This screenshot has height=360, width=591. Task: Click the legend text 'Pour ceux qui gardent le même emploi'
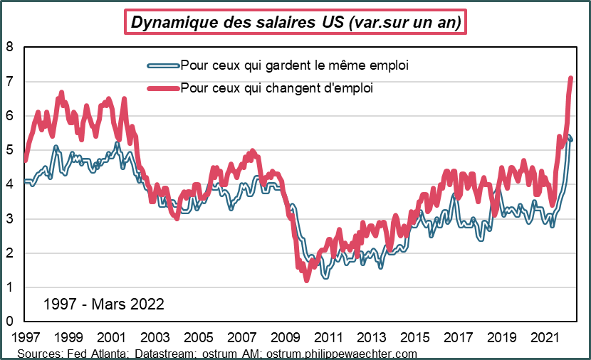click(294, 65)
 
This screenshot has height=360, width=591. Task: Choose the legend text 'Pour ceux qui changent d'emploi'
click(277, 88)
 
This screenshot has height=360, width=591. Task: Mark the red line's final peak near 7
click(571, 78)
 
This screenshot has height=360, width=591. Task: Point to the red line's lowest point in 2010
click(307, 280)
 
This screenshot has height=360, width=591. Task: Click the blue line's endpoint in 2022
click(571, 140)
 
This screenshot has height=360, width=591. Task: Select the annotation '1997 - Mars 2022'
click(104, 304)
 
